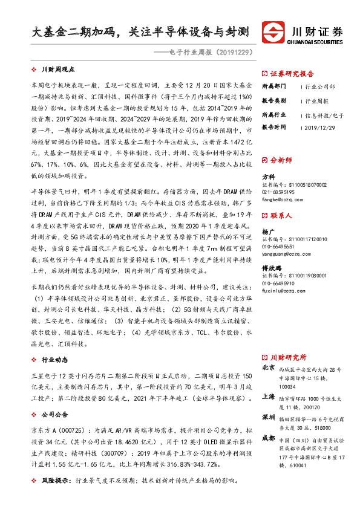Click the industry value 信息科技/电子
tap(325, 114)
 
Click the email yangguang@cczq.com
tap(288, 253)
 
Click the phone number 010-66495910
tap(283, 283)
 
